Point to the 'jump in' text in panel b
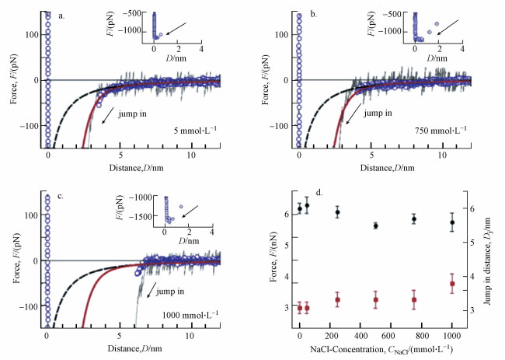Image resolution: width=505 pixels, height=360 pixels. (379, 113)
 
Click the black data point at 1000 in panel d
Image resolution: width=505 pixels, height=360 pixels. (452, 223)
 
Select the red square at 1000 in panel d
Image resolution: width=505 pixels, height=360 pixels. (452, 284)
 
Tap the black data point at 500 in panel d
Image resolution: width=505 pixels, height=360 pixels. (376, 225)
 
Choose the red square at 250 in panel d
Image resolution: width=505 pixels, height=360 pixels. (337, 300)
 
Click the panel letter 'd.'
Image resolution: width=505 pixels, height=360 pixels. (314, 194)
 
